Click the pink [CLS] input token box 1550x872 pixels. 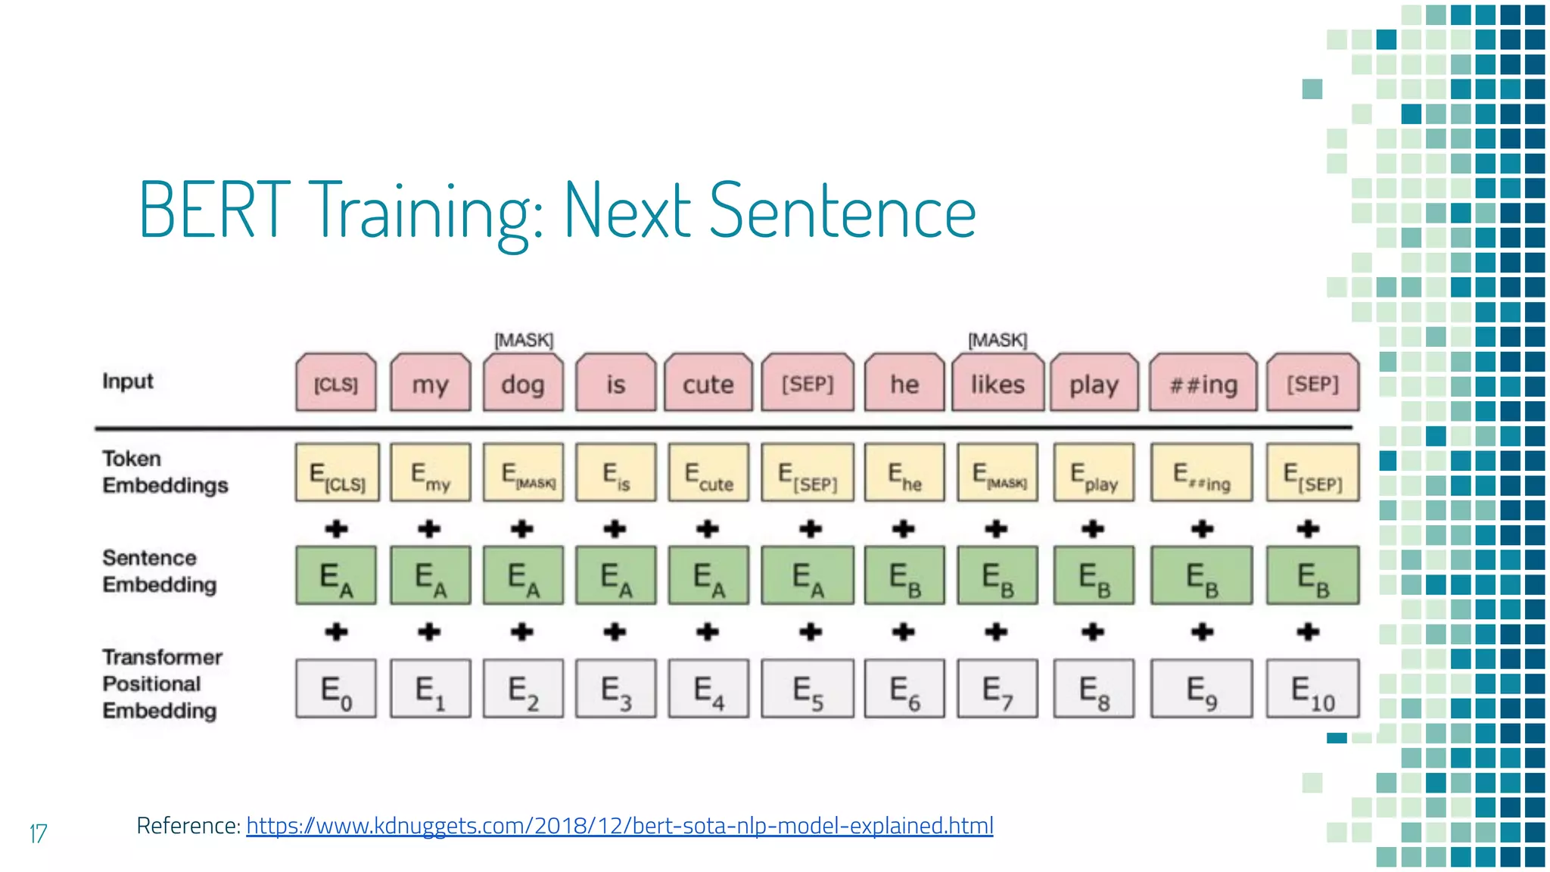pos(336,383)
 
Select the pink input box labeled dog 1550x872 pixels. pos(523,383)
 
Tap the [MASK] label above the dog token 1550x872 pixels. pos(524,340)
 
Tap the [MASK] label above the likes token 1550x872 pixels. pos(998,340)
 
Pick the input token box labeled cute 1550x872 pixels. pos(708,383)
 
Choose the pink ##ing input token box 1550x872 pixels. pos(1203,383)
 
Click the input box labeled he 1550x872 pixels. pos(904,383)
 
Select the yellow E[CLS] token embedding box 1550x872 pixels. pos(337,473)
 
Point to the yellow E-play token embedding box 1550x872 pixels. pos(1094,473)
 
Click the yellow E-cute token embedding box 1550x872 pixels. pos(708,473)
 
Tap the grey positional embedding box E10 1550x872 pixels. pos(1312,689)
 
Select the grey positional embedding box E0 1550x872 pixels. pos(336,689)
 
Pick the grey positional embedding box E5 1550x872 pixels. pos(808,689)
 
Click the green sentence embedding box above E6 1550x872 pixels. pos(904,575)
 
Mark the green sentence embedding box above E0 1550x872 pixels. pos(336,575)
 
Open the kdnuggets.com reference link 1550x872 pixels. pos(619,825)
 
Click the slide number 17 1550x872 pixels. pos(38,833)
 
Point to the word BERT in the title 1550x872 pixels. pos(214,210)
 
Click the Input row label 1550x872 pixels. pos(128,381)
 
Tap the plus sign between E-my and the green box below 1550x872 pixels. pos(429,528)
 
